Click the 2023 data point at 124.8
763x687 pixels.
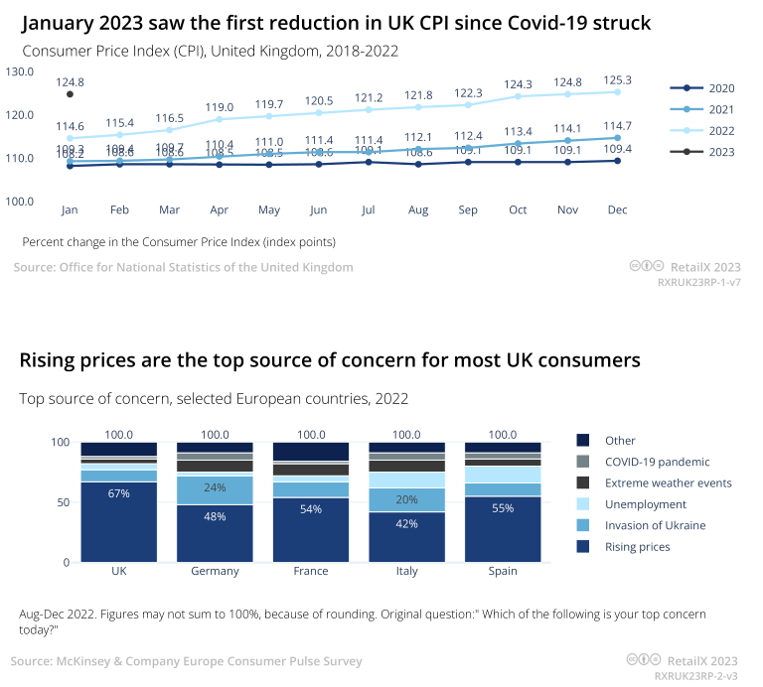pyautogui.click(x=70, y=94)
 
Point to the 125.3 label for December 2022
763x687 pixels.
pyautogui.click(x=618, y=79)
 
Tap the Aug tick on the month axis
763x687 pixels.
pyautogui.click(x=418, y=210)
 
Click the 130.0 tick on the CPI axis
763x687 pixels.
pyautogui.click(x=20, y=71)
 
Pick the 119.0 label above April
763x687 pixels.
pyautogui.click(x=220, y=107)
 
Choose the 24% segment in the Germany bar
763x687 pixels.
pyautogui.click(x=215, y=487)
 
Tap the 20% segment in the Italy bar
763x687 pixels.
pyautogui.click(x=406, y=499)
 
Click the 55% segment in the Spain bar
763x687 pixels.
pyautogui.click(x=503, y=507)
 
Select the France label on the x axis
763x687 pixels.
pyautogui.click(x=311, y=571)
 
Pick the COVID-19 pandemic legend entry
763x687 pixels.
pyautogui.click(x=658, y=462)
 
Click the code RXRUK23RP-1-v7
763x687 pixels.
pyautogui.click(x=699, y=282)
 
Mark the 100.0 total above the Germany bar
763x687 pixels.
pyautogui.click(x=215, y=435)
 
